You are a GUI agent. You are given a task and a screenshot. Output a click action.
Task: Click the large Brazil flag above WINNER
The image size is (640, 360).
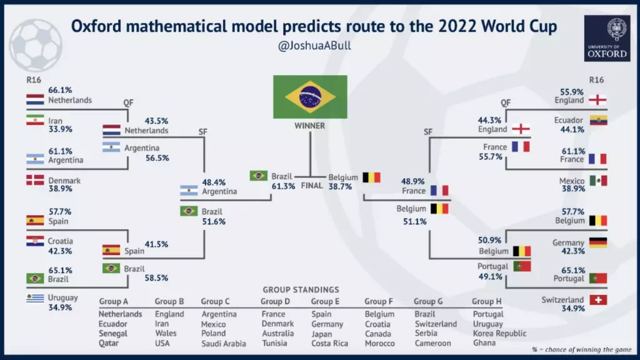[x=310, y=97]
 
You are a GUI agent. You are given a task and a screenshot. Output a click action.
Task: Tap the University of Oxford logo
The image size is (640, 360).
[x=607, y=38]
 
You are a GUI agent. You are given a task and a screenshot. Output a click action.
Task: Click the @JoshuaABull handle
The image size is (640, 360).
[x=314, y=45]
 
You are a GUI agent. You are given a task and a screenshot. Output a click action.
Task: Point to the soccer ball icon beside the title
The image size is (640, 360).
[x=36, y=45]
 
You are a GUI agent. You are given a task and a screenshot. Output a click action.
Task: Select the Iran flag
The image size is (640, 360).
[x=35, y=119]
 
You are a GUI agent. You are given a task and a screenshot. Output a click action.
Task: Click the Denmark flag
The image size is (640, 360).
[x=35, y=180]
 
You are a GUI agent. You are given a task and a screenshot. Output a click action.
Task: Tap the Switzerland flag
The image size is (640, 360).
[x=598, y=300]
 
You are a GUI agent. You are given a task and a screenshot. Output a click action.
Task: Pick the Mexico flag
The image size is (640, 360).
[x=598, y=181]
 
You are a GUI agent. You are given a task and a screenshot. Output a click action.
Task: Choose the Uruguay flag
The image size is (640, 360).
[x=35, y=298]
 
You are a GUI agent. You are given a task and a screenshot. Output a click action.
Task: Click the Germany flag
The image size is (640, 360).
[x=598, y=242]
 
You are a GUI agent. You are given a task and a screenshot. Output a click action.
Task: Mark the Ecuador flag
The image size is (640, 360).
[x=598, y=120]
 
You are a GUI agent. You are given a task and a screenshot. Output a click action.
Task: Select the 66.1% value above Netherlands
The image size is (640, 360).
[x=60, y=90]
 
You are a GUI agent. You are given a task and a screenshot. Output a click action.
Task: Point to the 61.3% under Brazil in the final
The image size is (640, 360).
[x=283, y=186]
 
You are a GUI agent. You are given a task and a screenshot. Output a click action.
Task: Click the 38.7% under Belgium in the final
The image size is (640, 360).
[x=340, y=186]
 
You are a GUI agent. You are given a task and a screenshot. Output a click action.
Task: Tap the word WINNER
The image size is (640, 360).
[x=310, y=126]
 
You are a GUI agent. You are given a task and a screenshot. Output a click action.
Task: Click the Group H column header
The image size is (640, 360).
[x=486, y=302]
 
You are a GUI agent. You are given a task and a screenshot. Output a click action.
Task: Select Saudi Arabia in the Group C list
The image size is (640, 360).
[x=224, y=344]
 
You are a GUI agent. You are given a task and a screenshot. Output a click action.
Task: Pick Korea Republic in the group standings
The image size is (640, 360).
[x=499, y=334]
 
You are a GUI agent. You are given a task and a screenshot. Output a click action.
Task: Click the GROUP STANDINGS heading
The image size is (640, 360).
[x=301, y=290]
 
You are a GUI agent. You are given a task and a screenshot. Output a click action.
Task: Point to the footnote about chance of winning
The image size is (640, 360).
[x=582, y=349]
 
